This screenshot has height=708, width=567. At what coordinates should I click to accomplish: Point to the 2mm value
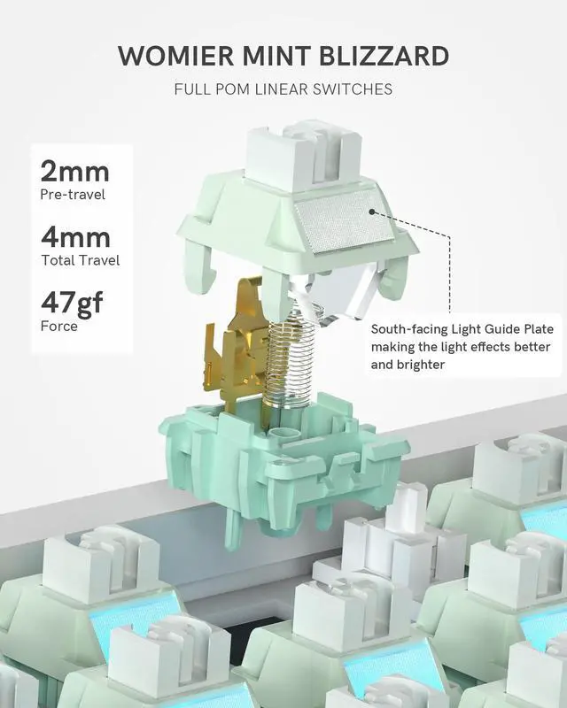click(75, 171)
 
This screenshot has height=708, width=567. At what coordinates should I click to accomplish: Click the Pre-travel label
click(73, 194)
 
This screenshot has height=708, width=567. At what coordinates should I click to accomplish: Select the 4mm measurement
click(75, 237)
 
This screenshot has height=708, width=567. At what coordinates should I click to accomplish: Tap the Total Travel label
click(80, 260)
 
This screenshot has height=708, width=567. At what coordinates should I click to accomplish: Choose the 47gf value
click(72, 304)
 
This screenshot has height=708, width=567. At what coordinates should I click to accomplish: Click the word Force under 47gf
click(59, 327)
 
